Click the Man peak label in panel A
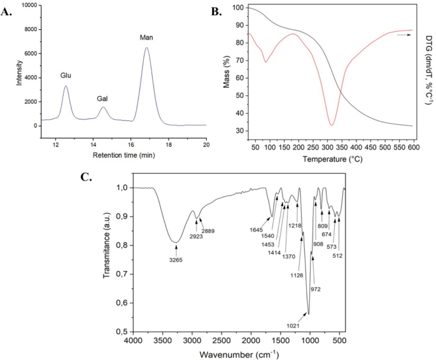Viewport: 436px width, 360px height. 146,38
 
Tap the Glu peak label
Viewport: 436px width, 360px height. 66,76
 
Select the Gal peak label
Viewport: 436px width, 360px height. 102,99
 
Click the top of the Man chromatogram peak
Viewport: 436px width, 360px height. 146,48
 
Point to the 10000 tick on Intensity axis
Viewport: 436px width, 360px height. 28,5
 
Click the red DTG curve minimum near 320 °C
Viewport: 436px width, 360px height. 332,125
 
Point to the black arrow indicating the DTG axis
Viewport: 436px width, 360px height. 403,36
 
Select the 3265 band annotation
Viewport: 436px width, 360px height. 176,260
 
